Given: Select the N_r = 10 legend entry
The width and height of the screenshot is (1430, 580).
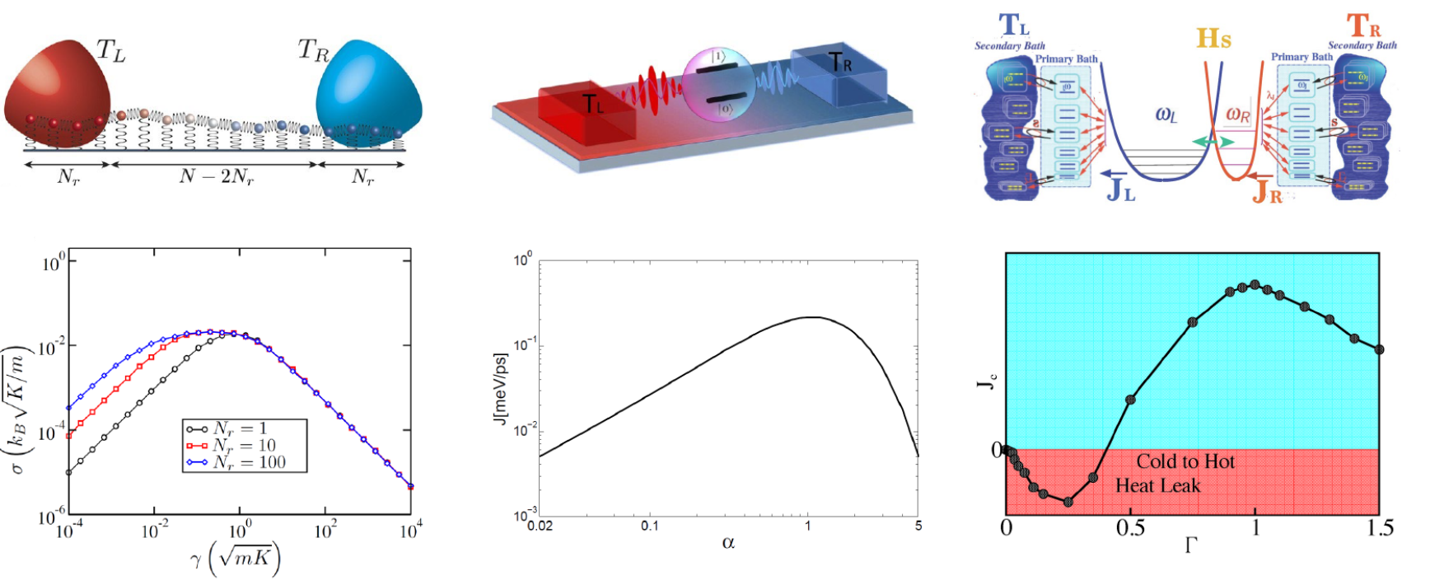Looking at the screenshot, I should tap(245, 446).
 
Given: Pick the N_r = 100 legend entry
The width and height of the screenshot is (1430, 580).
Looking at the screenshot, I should tap(245, 462).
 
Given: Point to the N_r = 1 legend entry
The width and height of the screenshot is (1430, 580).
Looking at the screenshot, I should tap(245, 428).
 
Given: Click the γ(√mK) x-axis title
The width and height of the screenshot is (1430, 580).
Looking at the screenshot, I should tap(235, 561).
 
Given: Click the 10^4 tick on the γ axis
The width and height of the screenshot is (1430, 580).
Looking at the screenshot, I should tap(409, 531).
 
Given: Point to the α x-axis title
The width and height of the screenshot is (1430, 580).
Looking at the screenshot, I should tap(728, 543).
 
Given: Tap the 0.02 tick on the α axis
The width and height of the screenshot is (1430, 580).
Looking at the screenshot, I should tap(540, 526).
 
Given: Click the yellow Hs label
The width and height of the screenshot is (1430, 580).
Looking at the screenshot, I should tap(1213, 38).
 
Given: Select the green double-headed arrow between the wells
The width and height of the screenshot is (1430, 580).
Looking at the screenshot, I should tap(1214, 142).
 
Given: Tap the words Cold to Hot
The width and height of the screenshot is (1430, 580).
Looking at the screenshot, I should tap(1185, 461).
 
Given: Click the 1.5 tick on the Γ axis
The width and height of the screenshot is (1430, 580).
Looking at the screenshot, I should tap(1379, 527).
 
